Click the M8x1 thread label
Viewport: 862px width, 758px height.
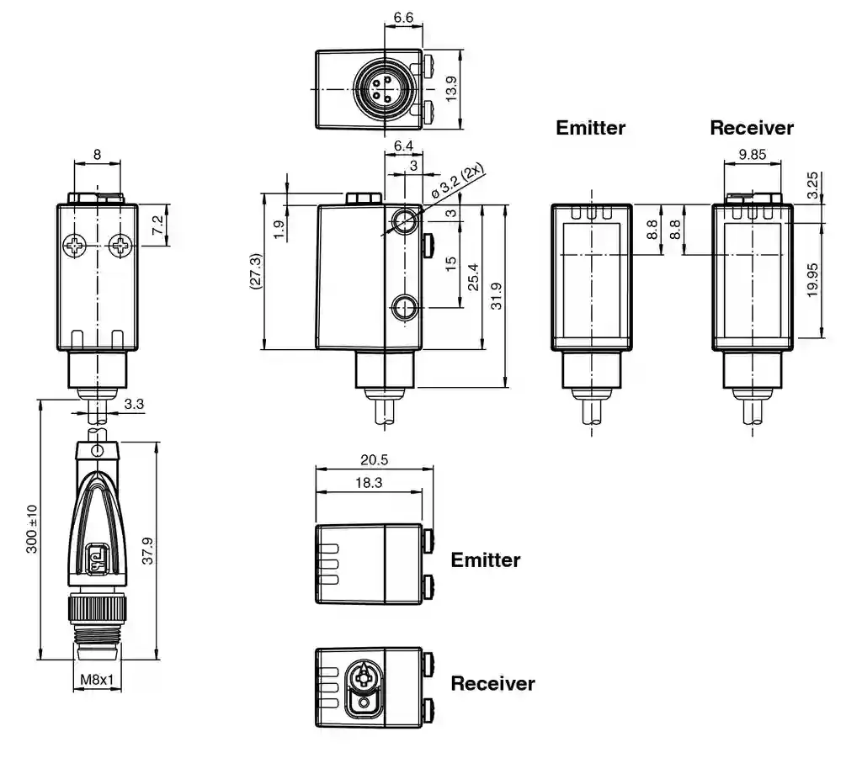tap(97, 679)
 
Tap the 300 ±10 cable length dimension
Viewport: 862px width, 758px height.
tap(32, 528)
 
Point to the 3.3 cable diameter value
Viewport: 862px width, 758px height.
tap(134, 404)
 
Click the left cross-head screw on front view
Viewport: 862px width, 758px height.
tap(76, 246)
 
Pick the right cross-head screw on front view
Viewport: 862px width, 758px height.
tap(121, 246)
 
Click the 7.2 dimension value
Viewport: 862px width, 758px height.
tap(157, 225)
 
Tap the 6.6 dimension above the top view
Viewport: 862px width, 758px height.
tap(402, 17)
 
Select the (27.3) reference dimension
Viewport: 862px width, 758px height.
tap(255, 273)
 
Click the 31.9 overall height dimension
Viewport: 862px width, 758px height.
tap(496, 295)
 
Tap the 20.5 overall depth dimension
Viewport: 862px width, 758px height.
tap(374, 460)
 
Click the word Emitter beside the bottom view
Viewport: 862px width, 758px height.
tap(486, 559)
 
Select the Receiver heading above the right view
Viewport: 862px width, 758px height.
tap(751, 128)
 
